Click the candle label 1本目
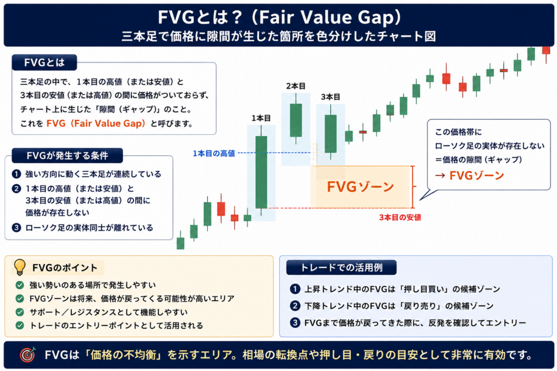point(261,118)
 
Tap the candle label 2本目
point(296,86)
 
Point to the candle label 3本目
point(331,97)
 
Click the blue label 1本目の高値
point(214,153)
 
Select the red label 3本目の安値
point(400,217)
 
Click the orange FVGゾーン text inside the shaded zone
point(360,186)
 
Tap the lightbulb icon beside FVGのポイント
point(20,267)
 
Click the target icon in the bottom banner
point(28,355)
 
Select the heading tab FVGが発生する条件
point(67,155)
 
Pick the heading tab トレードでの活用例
point(342,267)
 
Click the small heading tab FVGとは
point(45,63)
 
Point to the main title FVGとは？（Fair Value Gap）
point(280,17)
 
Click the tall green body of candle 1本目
point(261,172)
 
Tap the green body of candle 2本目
point(296,120)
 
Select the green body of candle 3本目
point(331,134)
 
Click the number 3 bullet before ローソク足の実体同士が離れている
point(16,228)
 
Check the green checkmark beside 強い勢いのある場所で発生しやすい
point(20,285)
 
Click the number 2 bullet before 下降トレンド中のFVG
point(295,306)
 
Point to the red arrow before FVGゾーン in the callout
point(440,175)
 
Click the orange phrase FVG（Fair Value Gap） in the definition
point(96,123)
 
